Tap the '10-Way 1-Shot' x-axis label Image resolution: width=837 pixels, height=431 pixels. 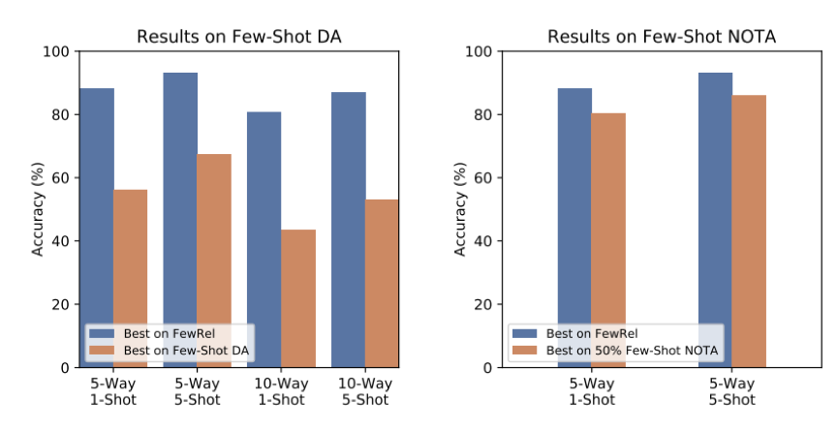[x=281, y=391]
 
